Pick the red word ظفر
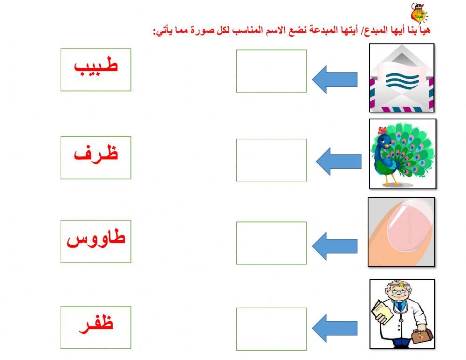96,324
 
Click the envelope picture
402,78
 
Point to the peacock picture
403,154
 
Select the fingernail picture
401,232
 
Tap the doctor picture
402,314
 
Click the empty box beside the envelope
271,71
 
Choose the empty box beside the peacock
271,160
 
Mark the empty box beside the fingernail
271,243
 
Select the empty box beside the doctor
271,329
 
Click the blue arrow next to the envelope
334,79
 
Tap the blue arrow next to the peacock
338,161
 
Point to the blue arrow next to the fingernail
334,246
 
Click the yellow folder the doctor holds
382,311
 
